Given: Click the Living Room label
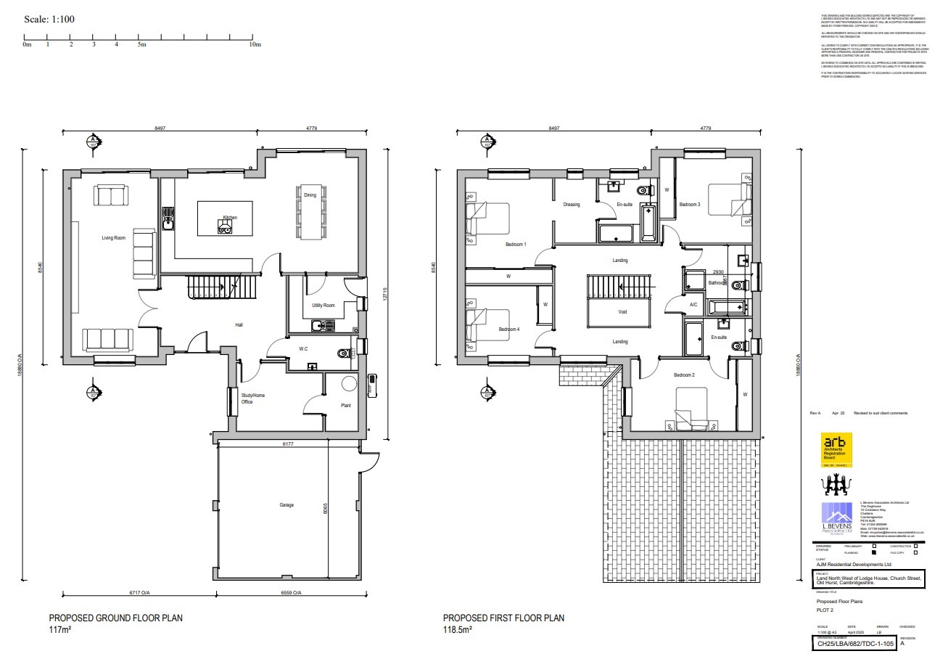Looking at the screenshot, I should (113, 238).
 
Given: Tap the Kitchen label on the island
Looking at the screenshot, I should (230, 218).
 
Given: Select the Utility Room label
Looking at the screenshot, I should (323, 306).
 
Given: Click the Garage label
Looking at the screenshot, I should (287, 504).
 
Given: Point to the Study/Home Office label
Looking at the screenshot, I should (253, 398).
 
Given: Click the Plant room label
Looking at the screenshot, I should (346, 405).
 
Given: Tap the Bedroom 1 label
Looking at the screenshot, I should (516, 245).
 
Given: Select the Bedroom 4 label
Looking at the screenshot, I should (509, 330).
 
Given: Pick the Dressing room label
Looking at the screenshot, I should (572, 205).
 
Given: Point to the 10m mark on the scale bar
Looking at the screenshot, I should (255, 45).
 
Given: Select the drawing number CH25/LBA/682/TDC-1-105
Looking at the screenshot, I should (854, 642).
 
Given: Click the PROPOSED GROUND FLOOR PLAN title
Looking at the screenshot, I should (115, 618).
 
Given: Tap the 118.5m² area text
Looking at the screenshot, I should (458, 629).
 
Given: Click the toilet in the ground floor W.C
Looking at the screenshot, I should (344, 353).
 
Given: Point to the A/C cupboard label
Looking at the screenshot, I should (693, 305).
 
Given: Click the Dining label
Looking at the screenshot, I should (310, 195).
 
